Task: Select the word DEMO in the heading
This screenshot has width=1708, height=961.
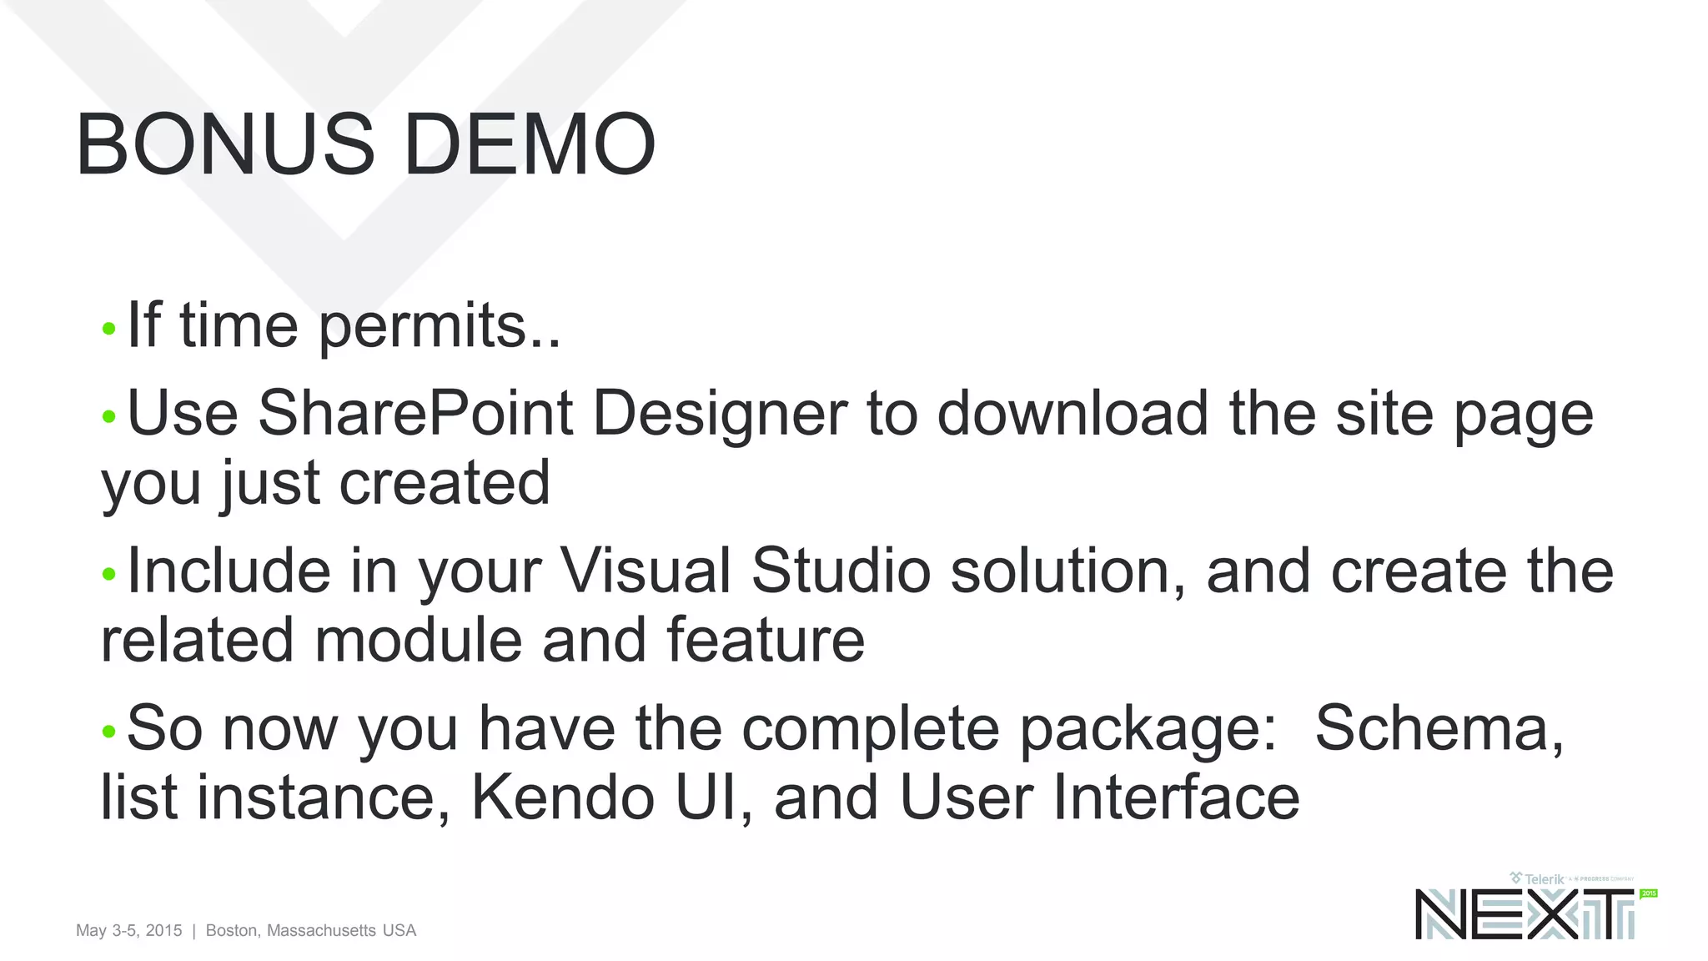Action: coord(530,145)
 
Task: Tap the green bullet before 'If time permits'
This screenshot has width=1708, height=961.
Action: coord(108,329)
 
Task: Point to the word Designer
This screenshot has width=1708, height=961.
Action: coord(719,414)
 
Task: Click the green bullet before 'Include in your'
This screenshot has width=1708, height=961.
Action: coord(108,574)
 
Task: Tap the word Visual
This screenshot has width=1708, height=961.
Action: coord(646,571)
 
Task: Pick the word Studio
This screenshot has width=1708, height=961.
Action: coord(841,571)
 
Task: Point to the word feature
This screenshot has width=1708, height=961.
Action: coord(765,640)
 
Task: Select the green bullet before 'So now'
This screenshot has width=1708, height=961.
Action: coord(108,732)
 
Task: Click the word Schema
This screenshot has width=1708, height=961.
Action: coord(1432,728)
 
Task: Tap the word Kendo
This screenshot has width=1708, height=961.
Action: coord(563,797)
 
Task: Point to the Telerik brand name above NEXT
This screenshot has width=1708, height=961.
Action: coord(1544,879)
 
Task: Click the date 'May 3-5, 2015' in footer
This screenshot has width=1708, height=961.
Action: coord(128,930)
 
